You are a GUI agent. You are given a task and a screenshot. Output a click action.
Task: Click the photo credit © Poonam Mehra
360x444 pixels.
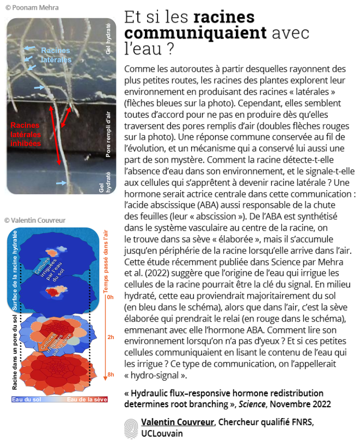pyautogui.click(x=31, y=7)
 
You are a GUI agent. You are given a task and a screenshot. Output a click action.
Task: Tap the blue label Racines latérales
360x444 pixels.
pyautogui.click(x=56, y=55)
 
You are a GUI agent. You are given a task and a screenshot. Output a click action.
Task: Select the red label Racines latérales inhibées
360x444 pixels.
pyautogui.click(x=25, y=134)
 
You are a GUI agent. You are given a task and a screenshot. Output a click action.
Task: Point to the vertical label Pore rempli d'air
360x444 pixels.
pyautogui.click(x=108, y=134)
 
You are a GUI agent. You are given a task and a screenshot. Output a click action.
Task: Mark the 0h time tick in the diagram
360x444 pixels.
pyautogui.click(x=110, y=298)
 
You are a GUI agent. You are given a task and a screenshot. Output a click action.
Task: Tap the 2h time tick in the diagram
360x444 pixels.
pyautogui.click(x=110, y=338)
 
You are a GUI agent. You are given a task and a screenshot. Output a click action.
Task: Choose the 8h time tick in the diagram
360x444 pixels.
pyautogui.click(x=110, y=374)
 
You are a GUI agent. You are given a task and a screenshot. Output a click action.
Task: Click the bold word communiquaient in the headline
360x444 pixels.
pyautogui.click(x=195, y=33)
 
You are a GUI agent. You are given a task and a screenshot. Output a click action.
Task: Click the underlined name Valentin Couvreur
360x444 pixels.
pyautogui.click(x=177, y=422)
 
